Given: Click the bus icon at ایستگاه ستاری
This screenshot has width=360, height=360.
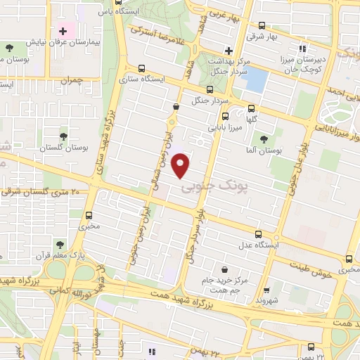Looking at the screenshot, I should pyautogui.click(x=143, y=68).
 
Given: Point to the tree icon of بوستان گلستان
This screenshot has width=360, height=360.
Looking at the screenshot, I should pyautogui.click(x=64, y=136).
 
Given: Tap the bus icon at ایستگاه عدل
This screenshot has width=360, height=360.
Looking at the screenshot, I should pyautogui.click(x=258, y=234).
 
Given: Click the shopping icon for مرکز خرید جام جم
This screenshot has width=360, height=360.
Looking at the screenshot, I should pyautogui.click(x=224, y=270).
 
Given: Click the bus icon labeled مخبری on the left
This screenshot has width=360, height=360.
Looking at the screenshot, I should pyautogui.click(x=89, y=216).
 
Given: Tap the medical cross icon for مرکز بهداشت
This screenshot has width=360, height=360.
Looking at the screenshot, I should pyautogui.click(x=229, y=50).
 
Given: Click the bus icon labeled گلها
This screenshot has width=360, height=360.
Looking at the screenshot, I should pyautogui.click(x=251, y=108).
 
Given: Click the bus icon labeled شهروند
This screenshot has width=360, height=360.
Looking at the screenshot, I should pyautogui.click(x=266, y=289).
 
